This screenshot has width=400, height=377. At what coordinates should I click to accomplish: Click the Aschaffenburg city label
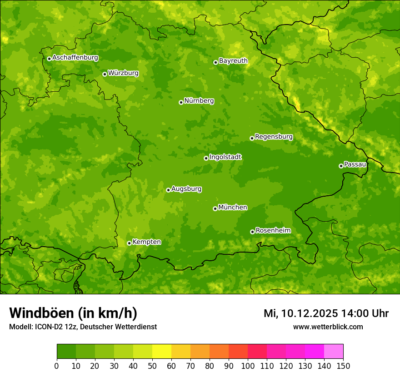[75, 58]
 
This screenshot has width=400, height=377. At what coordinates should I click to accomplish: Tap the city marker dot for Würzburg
[105, 74]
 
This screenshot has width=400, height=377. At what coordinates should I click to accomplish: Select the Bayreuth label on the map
[233, 61]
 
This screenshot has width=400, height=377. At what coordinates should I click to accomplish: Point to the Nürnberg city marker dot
[181, 102]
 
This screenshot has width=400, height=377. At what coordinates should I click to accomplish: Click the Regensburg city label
[274, 137]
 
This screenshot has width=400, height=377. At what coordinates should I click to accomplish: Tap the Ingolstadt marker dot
[206, 158]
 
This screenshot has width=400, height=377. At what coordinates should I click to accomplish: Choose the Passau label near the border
[355, 164]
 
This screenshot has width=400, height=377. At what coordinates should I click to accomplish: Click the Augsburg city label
[186, 189]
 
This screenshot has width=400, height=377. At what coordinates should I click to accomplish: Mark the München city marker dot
[215, 208]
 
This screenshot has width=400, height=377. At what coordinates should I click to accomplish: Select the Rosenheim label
[273, 231]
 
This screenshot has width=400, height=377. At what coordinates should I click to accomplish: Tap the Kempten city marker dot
[129, 243]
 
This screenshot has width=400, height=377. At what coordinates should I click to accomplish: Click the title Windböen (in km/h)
[73, 313]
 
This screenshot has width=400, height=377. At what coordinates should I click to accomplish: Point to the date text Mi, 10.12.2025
[300, 313]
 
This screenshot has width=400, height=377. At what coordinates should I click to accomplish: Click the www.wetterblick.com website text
[328, 327]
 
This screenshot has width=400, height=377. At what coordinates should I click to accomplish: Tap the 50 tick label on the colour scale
[152, 366]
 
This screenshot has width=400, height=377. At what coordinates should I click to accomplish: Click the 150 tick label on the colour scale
[343, 366]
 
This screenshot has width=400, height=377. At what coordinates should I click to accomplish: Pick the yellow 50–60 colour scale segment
[161, 352]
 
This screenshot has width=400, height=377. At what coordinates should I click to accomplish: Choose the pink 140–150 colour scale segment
[334, 352]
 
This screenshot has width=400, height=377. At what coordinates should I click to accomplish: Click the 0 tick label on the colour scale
[57, 366]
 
